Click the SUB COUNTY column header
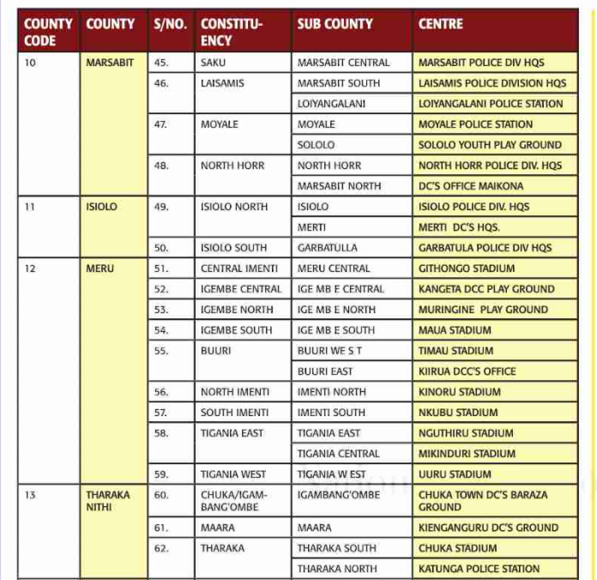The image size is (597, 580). pyautogui.click(x=335, y=24)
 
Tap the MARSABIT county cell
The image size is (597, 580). pyautogui.click(x=110, y=63)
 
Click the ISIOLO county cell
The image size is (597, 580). pyautogui.click(x=101, y=207)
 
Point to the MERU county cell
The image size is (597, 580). pyautogui.click(x=99, y=269)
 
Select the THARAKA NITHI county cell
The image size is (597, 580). pyautogui.click(x=107, y=500)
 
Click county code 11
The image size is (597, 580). pyautogui.click(x=30, y=207)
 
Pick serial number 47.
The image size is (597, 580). pyautogui.click(x=161, y=124)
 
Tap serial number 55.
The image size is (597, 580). pyautogui.click(x=161, y=351)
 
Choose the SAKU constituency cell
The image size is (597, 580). pyautogui.click(x=214, y=63)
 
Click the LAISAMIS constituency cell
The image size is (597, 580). pyautogui.click(x=222, y=83)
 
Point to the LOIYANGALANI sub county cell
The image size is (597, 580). pyautogui.click(x=331, y=104)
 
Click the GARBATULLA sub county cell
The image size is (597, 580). pyautogui.click(x=328, y=248)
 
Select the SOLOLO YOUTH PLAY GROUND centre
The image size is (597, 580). pyautogui.click(x=490, y=145)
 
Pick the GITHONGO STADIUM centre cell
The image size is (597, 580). pyautogui.click(x=467, y=269)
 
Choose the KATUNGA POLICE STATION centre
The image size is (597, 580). pyautogui.click(x=479, y=569)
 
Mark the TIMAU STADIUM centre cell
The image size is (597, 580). pyautogui.click(x=455, y=351)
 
